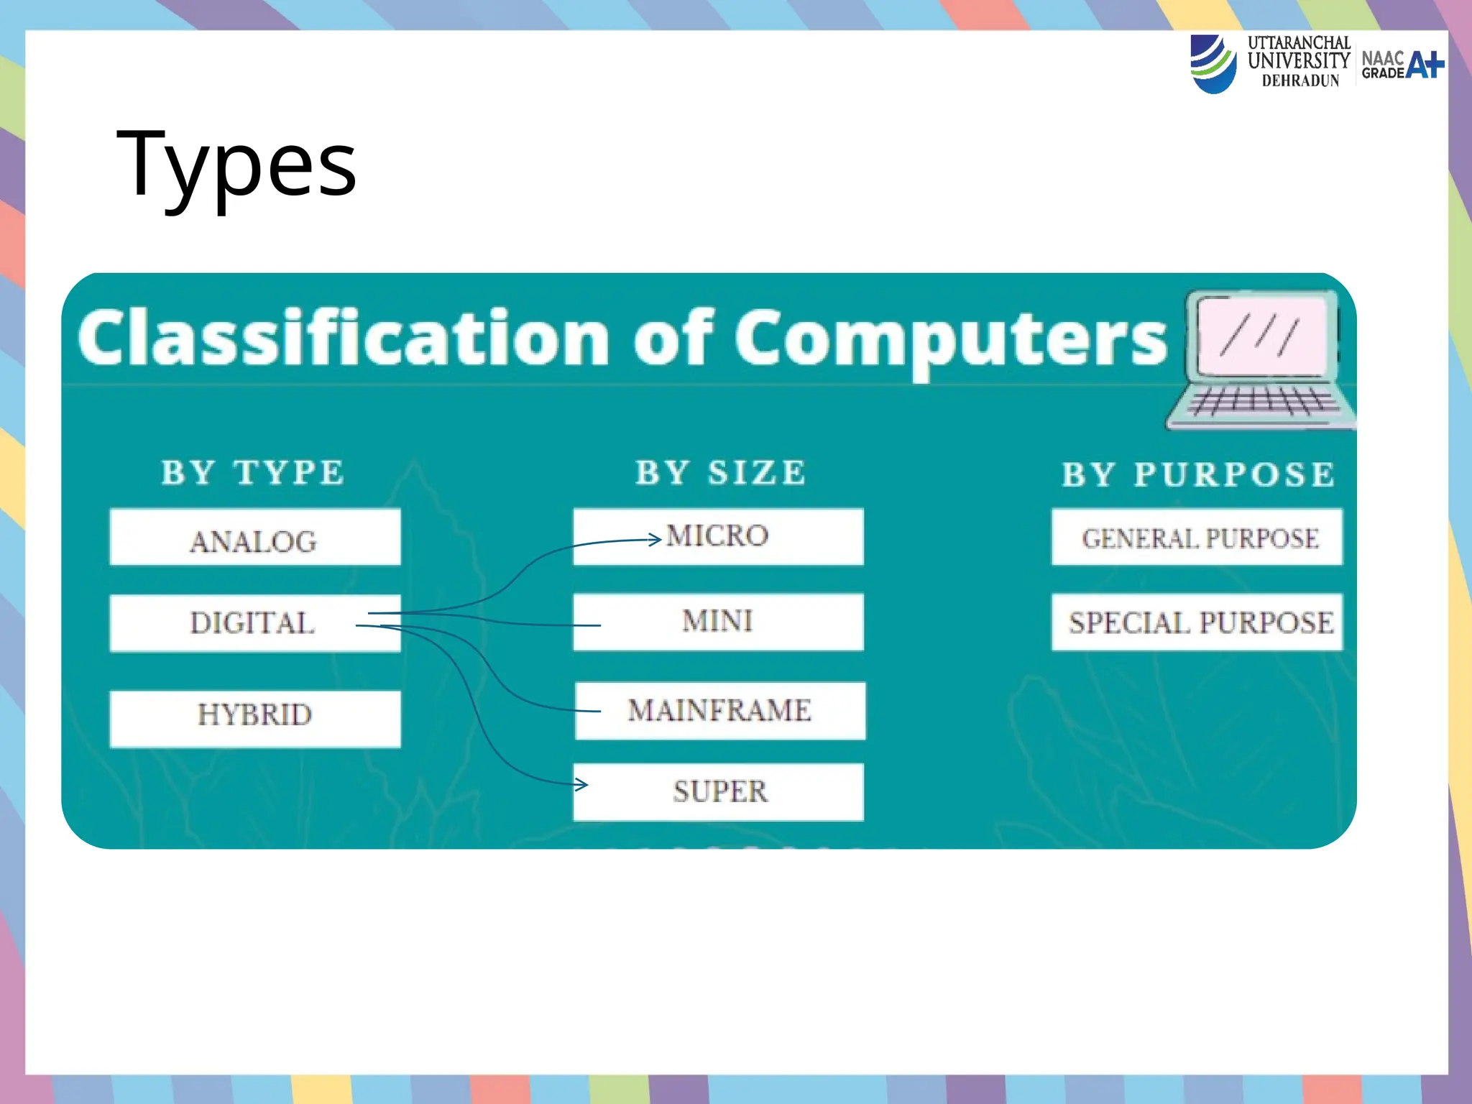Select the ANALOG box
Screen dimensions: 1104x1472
pos(254,538)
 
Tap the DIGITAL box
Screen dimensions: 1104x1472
pos(254,622)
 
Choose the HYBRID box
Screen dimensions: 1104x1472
pos(254,718)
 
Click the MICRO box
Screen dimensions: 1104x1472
pos(717,536)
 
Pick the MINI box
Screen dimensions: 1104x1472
pos(717,621)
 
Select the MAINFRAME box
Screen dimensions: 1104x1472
pos(719,710)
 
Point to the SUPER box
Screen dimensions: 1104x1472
pos(719,791)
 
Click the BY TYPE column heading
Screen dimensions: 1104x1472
pos(253,473)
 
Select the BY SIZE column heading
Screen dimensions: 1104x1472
pos(720,473)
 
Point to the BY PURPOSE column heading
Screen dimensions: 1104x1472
pos(1197,474)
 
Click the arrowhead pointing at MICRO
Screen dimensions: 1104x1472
pos(655,539)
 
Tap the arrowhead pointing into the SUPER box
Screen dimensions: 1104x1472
pos(582,785)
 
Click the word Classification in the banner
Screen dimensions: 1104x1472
pos(345,338)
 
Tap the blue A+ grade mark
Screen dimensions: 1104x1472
pos(1424,65)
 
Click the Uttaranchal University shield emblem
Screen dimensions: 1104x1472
pos(1213,64)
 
